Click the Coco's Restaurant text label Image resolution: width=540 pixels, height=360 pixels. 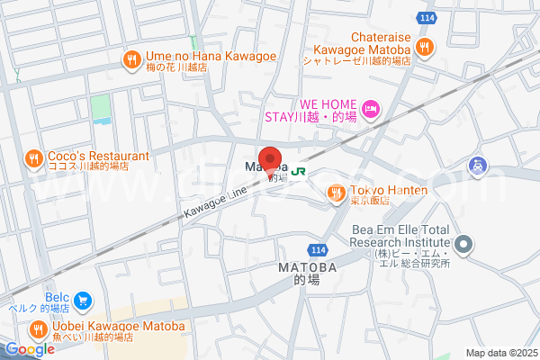tap(86, 154)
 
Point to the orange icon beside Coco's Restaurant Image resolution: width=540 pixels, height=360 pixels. tap(33, 159)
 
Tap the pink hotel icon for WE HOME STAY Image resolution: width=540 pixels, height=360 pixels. tap(372, 110)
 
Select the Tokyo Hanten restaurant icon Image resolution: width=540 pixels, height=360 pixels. tap(336, 191)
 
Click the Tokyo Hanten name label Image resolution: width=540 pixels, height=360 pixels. tap(389, 191)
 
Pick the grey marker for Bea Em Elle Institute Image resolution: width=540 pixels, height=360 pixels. tap(464, 243)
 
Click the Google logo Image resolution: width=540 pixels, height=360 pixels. tap(29, 349)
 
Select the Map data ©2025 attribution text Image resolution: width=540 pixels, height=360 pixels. tap(500, 353)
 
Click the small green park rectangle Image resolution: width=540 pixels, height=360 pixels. tap(100, 106)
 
